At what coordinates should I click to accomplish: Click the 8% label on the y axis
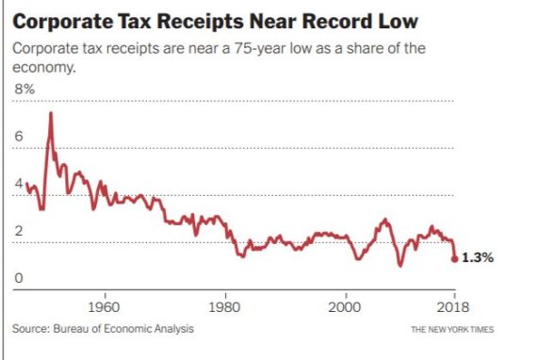click(x=24, y=90)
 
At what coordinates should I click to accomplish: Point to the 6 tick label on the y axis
click(x=19, y=137)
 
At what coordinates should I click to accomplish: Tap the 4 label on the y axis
click(x=19, y=184)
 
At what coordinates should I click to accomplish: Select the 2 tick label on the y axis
click(x=19, y=231)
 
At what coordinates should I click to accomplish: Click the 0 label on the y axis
click(x=19, y=278)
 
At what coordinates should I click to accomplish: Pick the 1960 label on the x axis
click(x=105, y=307)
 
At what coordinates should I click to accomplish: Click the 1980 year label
click(x=224, y=307)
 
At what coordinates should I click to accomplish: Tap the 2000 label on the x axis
click(x=345, y=307)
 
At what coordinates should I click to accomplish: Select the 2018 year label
click(x=453, y=307)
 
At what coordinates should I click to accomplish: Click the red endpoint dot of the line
click(x=454, y=259)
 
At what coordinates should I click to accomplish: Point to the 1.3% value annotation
click(x=478, y=257)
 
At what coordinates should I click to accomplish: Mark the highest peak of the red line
click(x=51, y=113)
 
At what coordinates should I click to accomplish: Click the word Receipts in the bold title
click(x=200, y=22)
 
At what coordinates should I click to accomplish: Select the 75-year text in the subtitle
click(x=260, y=49)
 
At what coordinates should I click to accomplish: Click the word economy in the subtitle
click(x=43, y=68)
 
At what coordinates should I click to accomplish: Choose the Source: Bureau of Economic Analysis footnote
click(x=103, y=329)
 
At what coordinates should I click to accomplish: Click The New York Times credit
click(x=452, y=330)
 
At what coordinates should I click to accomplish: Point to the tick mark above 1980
click(x=225, y=296)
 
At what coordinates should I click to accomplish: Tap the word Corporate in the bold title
click(x=63, y=22)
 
